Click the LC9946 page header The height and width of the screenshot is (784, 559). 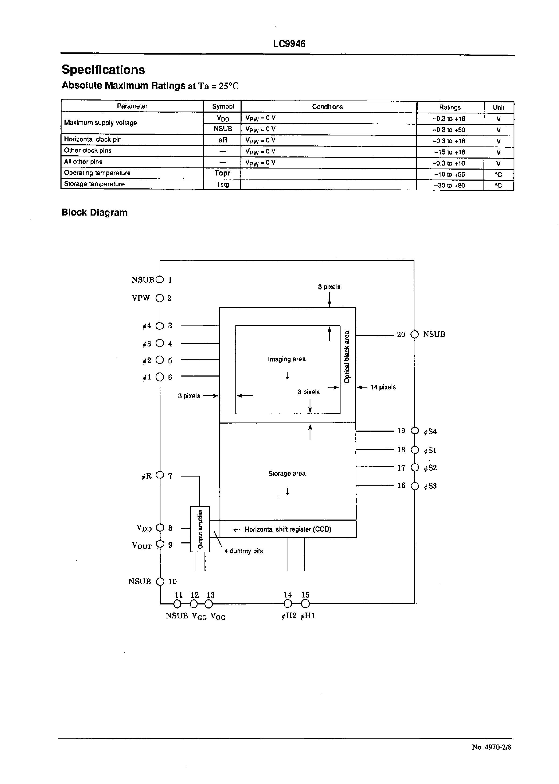[x=289, y=44]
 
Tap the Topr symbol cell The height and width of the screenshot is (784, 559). [x=222, y=173]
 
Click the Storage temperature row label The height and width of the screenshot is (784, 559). [x=94, y=184]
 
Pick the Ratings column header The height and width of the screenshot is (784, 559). [x=450, y=108]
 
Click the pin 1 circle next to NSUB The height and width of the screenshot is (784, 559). [x=160, y=280]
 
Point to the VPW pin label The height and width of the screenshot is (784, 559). [x=141, y=298]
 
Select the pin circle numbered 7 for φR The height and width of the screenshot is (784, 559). [x=160, y=475]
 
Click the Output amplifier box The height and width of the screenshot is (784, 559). [x=200, y=529]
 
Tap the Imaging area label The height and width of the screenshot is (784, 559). [x=286, y=359]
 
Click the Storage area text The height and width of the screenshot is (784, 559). [x=287, y=473]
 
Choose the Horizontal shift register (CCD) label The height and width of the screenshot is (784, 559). [x=287, y=529]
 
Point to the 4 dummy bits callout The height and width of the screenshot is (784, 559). [x=243, y=551]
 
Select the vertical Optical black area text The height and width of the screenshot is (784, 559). [x=347, y=357]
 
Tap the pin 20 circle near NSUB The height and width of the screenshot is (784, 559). [x=415, y=334]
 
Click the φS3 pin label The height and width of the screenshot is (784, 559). [x=430, y=486]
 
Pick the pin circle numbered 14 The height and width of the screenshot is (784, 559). [x=288, y=604]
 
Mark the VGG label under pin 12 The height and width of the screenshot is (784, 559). [x=199, y=616]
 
